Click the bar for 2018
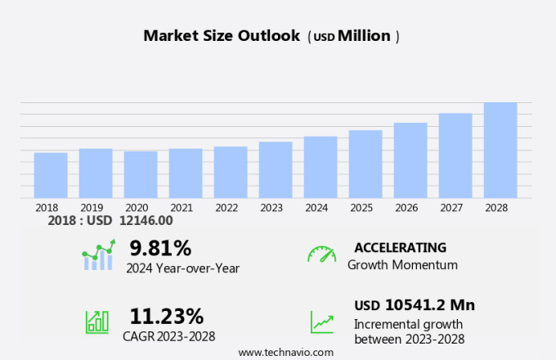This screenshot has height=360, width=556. (51, 175)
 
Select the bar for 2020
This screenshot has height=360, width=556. (141, 174)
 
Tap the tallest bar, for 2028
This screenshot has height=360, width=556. (500, 150)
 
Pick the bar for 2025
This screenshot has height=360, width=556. (365, 164)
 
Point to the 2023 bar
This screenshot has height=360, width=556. (276, 169)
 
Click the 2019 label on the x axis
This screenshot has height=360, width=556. (92, 208)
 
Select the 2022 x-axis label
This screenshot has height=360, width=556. (226, 208)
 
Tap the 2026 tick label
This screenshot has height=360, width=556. (410, 208)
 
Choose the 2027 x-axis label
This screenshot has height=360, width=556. (455, 208)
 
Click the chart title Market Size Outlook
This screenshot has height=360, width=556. (222, 36)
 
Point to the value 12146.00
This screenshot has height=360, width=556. (146, 220)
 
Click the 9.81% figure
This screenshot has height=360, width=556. (160, 248)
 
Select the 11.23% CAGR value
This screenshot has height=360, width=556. (167, 316)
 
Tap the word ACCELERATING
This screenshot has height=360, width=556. (400, 248)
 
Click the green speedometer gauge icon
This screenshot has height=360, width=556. (321, 254)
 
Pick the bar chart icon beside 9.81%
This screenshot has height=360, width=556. (98, 256)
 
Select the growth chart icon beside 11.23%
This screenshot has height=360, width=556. (97, 321)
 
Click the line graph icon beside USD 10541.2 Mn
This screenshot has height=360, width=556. (321, 322)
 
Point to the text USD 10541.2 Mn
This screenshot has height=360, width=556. (414, 305)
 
